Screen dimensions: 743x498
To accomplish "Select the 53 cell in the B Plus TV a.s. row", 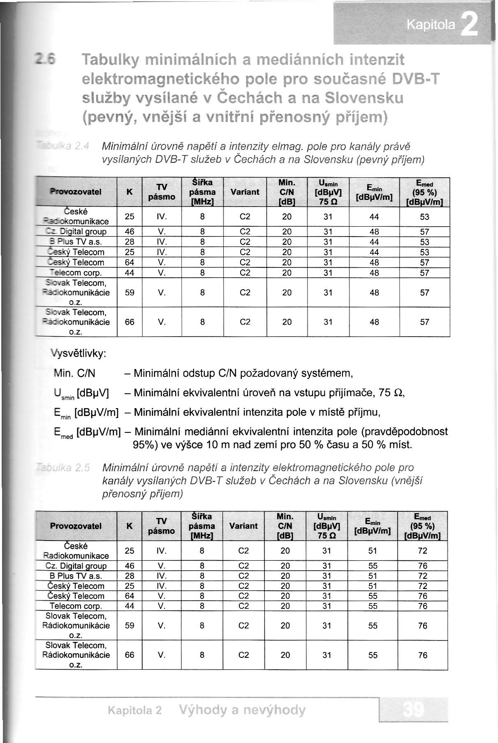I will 424,242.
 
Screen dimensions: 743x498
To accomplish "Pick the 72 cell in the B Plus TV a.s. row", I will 423,576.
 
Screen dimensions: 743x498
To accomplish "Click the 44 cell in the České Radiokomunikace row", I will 374,217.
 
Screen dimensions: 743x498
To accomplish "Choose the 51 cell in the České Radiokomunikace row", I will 373,551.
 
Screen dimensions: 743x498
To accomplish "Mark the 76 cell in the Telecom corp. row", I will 423,606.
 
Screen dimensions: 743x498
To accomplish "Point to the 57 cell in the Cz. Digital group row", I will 424,232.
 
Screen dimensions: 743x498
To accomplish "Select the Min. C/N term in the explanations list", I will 75,374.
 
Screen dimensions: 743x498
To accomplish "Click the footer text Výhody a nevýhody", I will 242,710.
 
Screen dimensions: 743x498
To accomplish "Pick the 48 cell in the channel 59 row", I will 374,293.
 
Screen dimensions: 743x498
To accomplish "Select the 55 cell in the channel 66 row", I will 373,655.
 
